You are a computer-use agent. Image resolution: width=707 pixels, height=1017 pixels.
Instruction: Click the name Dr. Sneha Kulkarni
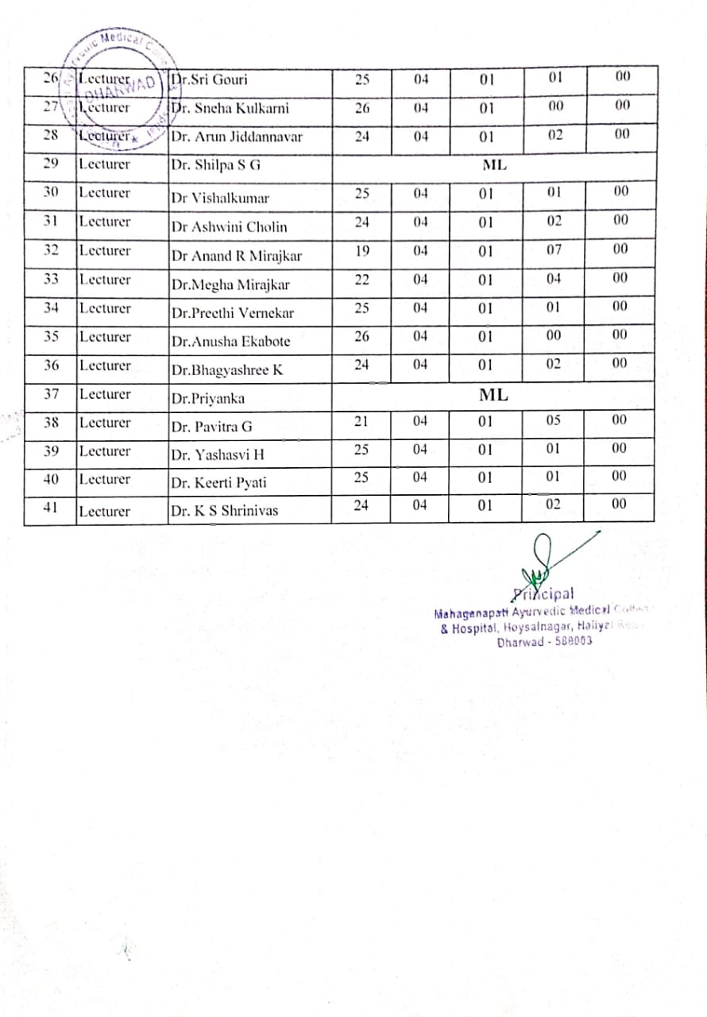click(230, 109)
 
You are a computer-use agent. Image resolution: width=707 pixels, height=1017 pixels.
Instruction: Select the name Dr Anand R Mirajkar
click(237, 256)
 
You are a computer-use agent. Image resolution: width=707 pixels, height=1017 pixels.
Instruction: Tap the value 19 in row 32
click(361, 250)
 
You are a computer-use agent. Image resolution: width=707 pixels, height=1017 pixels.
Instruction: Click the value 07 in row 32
click(554, 250)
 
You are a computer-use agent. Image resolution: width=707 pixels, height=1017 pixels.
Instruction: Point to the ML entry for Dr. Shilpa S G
click(494, 165)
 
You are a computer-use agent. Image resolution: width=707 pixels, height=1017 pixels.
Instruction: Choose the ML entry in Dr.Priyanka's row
click(493, 394)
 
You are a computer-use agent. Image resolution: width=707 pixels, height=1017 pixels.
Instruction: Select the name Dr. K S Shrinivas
click(225, 511)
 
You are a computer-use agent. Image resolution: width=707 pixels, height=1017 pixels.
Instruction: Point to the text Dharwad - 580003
click(544, 642)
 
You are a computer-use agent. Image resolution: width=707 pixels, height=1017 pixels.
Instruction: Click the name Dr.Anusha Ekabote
click(230, 342)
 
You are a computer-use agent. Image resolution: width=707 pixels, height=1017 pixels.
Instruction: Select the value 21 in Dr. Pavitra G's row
click(361, 421)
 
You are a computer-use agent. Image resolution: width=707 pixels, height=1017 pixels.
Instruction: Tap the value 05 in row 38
click(554, 420)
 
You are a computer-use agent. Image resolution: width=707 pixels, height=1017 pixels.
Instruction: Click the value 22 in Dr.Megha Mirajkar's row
click(361, 279)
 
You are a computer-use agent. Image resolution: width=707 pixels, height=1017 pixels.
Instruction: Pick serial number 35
click(51, 337)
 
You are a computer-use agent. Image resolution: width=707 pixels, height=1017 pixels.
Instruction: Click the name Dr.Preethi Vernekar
click(232, 313)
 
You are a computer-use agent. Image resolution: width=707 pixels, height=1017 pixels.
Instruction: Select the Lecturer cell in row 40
click(105, 479)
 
